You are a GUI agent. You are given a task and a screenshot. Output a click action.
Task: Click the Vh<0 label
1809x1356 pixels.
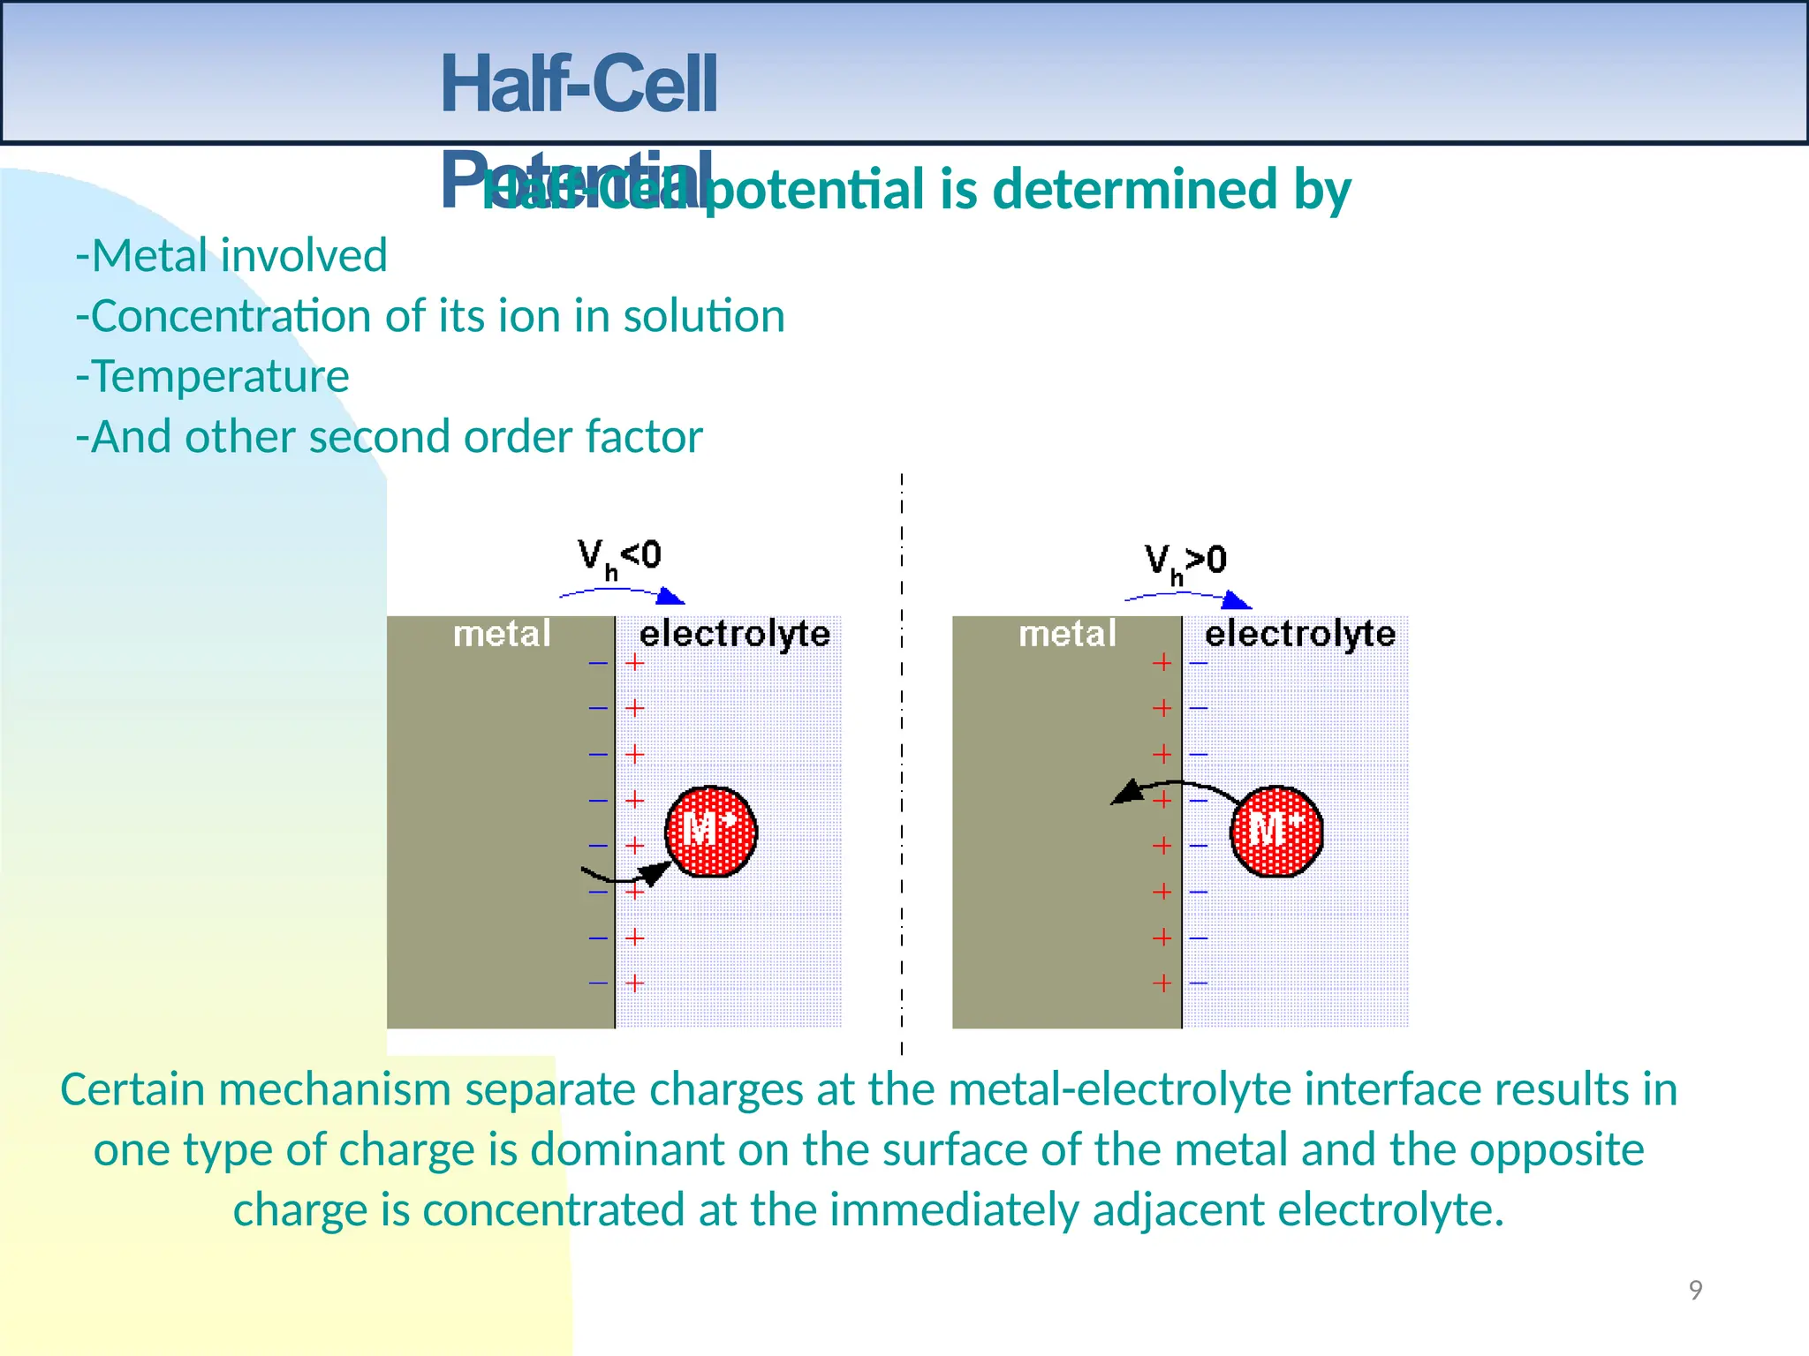pyautogui.click(x=619, y=557)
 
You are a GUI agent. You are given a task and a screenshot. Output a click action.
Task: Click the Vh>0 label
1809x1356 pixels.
pyautogui.click(x=1185, y=561)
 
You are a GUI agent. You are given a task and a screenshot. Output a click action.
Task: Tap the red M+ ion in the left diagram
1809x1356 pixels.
pyautogui.click(x=711, y=831)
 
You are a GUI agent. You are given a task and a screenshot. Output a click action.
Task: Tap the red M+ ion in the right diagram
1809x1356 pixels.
pyautogui.click(x=1276, y=831)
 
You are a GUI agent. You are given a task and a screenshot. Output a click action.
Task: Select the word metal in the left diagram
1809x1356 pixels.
pyautogui.click(x=502, y=634)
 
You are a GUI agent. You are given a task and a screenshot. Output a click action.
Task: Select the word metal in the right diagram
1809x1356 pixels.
pyautogui.click(x=1067, y=634)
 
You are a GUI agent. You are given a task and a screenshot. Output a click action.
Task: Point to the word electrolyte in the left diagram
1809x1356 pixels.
pyautogui.click(x=734, y=634)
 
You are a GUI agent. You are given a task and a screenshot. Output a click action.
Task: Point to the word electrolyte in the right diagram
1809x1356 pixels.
pyautogui.click(x=1300, y=634)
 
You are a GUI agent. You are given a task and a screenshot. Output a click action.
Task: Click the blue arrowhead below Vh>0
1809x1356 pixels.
pyautogui.click(x=1238, y=600)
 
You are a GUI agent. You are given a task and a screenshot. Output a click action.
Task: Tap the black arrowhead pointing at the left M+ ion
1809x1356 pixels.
pyautogui.click(x=655, y=872)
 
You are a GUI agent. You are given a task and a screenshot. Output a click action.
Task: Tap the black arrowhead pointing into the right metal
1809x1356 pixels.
pyautogui.click(x=1126, y=792)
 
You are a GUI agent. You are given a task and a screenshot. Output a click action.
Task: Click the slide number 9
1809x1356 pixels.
pyautogui.click(x=1695, y=1290)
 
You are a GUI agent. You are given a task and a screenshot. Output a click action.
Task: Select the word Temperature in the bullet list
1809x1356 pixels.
pyautogui.click(x=220, y=376)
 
